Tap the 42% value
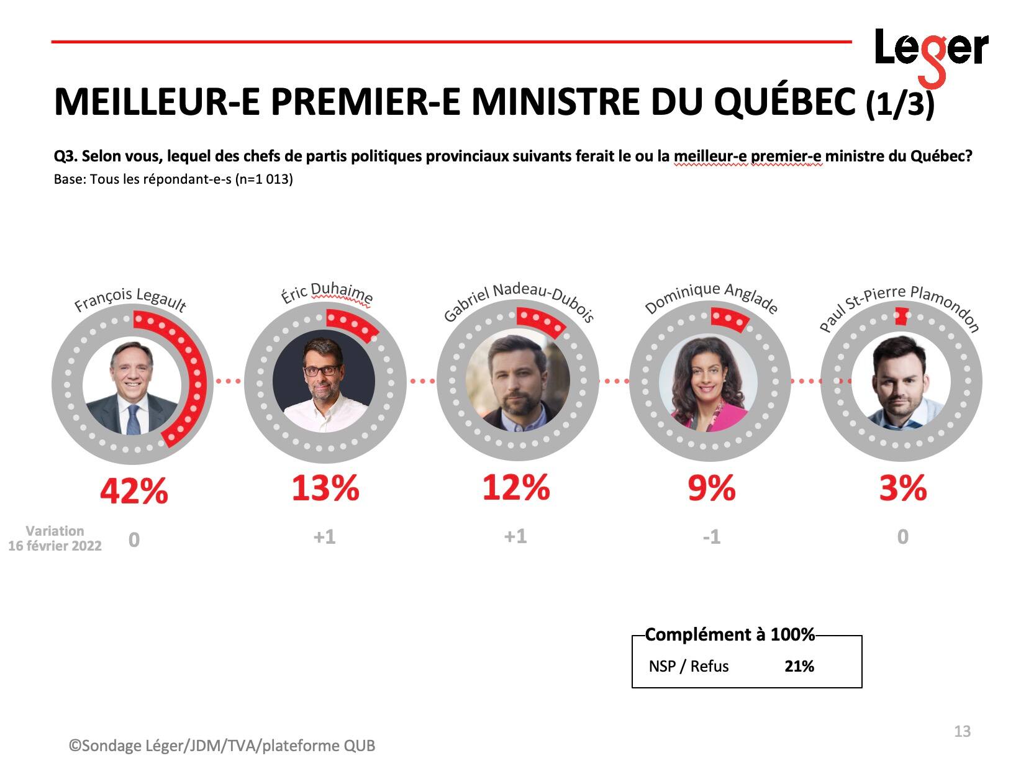click(134, 492)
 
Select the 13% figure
click(325, 489)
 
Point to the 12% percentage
click(516, 487)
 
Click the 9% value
click(711, 489)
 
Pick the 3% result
click(902, 489)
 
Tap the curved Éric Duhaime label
click(327, 294)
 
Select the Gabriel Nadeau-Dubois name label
click(519, 301)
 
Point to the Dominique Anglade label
click(711, 298)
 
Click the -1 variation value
click(711, 537)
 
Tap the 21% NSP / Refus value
click(799, 667)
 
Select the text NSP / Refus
click(689, 667)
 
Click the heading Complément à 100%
click(730, 635)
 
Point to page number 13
click(962, 732)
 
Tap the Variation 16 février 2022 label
click(55, 538)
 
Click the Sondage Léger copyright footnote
click(222, 746)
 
